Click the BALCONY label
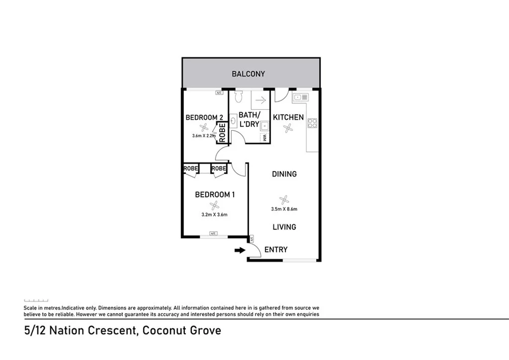248,74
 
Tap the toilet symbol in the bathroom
238,95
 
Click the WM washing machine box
265,137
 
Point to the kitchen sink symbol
300,97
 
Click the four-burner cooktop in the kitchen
312,123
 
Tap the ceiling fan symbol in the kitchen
288,128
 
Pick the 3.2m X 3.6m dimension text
214,215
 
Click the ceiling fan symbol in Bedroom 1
214,205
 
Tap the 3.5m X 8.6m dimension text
284,209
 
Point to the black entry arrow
240,251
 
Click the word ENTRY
275,250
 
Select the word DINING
284,174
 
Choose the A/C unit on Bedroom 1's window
214,234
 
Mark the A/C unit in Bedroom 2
219,92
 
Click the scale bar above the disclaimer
36,300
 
